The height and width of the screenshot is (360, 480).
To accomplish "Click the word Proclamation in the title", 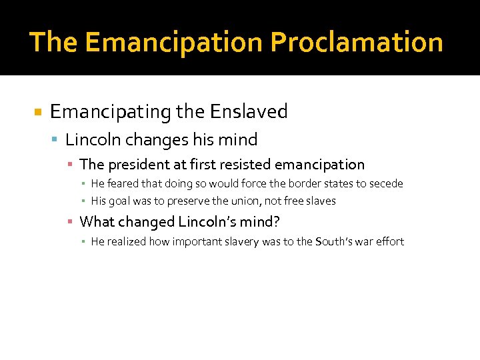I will (x=356, y=42).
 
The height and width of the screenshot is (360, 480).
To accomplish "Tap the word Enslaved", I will (x=249, y=111).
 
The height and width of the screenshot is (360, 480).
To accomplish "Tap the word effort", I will (x=390, y=241).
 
